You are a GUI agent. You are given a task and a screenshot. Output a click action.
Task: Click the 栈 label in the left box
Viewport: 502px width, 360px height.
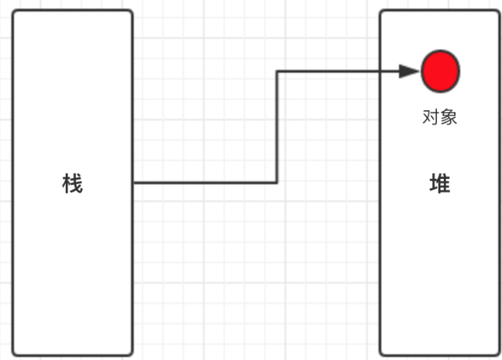click(x=72, y=184)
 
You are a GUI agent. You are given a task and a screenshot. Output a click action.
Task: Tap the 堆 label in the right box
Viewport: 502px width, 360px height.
click(x=439, y=184)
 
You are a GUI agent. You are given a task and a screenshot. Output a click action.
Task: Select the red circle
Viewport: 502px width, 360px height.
click(x=440, y=71)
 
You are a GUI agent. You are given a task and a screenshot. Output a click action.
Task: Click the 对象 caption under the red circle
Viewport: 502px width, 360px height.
click(x=439, y=118)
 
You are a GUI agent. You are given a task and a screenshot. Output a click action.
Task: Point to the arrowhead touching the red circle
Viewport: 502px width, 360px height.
click(x=410, y=71)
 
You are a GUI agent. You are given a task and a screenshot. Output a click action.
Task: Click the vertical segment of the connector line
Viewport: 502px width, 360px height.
click(x=277, y=128)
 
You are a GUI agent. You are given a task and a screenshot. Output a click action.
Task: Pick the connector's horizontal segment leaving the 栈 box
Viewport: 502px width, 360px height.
click(x=205, y=183)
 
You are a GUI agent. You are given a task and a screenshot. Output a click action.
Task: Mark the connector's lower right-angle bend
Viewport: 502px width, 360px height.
click(x=277, y=183)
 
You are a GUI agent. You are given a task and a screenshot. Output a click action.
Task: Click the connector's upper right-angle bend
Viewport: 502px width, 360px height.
click(x=277, y=71)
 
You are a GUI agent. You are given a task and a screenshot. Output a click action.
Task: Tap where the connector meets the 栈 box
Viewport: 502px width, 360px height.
click(x=133, y=183)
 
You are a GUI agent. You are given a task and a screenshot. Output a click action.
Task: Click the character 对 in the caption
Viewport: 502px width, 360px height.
click(x=431, y=118)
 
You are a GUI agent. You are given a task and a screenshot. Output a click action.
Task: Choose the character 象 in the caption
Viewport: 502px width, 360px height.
click(x=449, y=118)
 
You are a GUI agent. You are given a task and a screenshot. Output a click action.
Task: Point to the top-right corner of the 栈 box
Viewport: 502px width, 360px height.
click(x=131, y=12)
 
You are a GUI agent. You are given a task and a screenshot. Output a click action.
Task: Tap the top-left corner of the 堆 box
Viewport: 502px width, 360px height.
click(x=381, y=12)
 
